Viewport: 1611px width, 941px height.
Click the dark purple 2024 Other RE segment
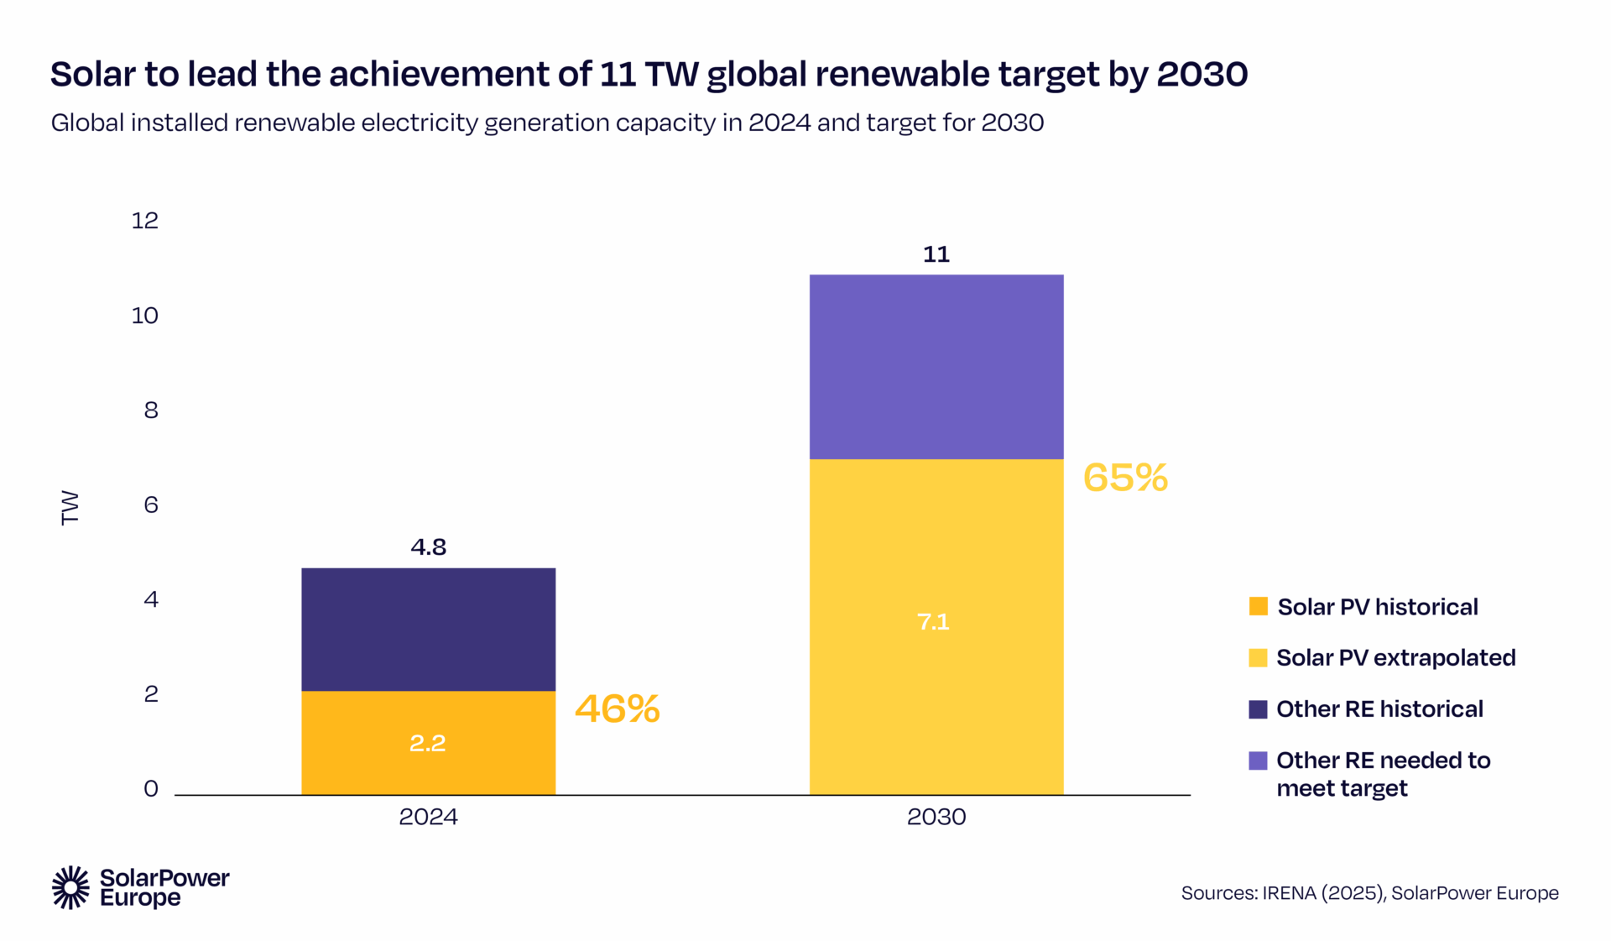tap(428, 630)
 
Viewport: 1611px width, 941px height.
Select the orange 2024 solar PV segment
tap(428, 722)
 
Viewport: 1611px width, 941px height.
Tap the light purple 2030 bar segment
tap(936, 367)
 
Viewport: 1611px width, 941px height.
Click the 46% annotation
tap(618, 709)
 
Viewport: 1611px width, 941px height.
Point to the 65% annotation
tap(1125, 478)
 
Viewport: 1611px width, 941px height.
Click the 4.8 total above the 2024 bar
tap(428, 547)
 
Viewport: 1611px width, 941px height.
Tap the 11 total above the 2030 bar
tap(936, 254)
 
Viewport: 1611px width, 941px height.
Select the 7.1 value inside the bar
tap(933, 622)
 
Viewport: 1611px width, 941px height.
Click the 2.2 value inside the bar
tap(427, 744)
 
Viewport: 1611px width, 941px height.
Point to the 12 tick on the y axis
tap(144, 221)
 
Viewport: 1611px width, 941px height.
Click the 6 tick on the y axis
tap(151, 504)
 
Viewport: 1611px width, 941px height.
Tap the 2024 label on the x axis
tap(428, 817)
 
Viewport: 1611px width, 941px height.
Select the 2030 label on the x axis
tap(936, 817)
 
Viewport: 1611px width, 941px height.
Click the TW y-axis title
tap(70, 508)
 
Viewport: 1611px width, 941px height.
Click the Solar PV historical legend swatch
tap(1258, 606)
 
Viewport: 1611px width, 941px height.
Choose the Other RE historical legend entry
tap(1379, 709)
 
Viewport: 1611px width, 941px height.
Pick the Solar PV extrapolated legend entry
tap(1395, 658)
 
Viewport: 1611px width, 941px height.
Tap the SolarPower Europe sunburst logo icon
tap(70, 887)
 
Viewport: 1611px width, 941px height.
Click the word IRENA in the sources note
tap(1290, 893)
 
